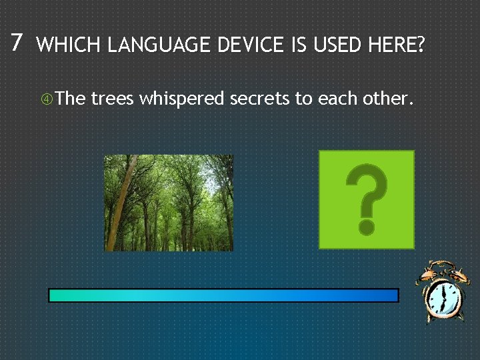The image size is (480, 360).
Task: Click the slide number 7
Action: (x=17, y=43)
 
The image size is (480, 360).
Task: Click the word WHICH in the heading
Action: (x=70, y=45)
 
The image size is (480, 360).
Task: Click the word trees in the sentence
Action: (x=113, y=99)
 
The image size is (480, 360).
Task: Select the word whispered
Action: (x=182, y=100)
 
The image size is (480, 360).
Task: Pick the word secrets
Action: (x=261, y=99)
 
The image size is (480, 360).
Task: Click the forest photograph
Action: (x=169, y=203)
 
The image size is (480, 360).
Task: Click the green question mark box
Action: (x=366, y=199)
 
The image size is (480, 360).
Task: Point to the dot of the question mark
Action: (x=366, y=227)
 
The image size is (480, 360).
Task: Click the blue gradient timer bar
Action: (x=223, y=295)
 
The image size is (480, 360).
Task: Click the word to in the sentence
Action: (x=303, y=99)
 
